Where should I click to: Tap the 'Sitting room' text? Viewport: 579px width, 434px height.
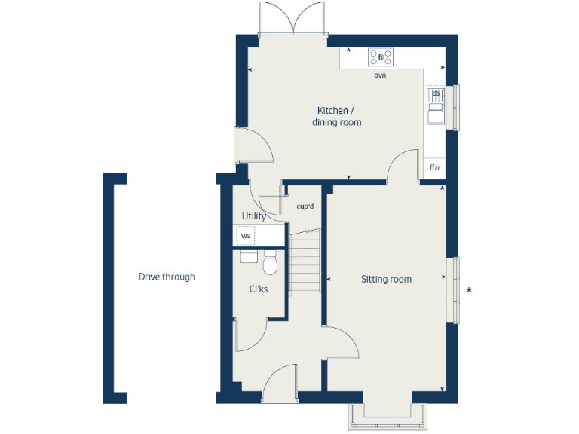386,280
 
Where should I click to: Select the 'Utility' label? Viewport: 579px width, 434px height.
253,216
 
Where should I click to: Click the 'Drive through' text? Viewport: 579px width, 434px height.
167,277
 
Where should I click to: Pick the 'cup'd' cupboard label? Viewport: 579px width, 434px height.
305,206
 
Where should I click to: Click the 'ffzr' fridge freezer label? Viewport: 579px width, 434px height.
435,167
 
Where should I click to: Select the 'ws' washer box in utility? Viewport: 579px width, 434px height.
245,236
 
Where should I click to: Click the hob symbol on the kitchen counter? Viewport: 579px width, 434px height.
381,57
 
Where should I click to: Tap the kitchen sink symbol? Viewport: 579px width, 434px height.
435,105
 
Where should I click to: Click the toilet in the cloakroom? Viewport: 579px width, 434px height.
270,264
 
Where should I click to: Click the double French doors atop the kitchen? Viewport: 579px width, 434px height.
293,19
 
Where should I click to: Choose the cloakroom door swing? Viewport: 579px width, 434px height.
251,335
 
